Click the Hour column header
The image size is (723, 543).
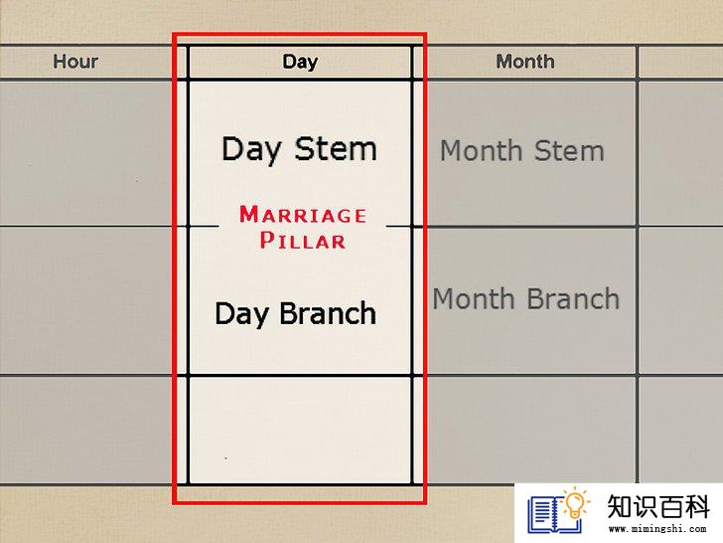pyautogui.click(x=75, y=62)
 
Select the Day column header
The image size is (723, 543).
pyautogui.click(x=300, y=62)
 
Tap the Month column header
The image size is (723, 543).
pyautogui.click(x=525, y=62)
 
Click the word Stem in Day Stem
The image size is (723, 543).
pyautogui.click(x=336, y=149)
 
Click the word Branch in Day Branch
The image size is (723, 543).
pyautogui.click(x=328, y=313)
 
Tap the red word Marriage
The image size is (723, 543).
pyautogui.click(x=303, y=215)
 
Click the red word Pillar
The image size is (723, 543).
pyautogui.click(x=303, y=241)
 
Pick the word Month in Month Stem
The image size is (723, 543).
pyautogui.click(x=481, y=150)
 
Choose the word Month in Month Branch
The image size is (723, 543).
pyautogui.click(x=473, y=298)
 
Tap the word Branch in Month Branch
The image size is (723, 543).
pyautogui.click(x=573, y=298)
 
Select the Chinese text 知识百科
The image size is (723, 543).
pyautogui.click(x=657, y=506)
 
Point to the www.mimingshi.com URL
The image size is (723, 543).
pyautogui.click(x=657, y=529)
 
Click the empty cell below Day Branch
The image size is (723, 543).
pyautogui.click(x=300, y=431)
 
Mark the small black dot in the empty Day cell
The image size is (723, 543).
pyautogui.click(x=225, y=458)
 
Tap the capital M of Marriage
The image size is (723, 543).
pyautogui.click(x=249, y=214)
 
